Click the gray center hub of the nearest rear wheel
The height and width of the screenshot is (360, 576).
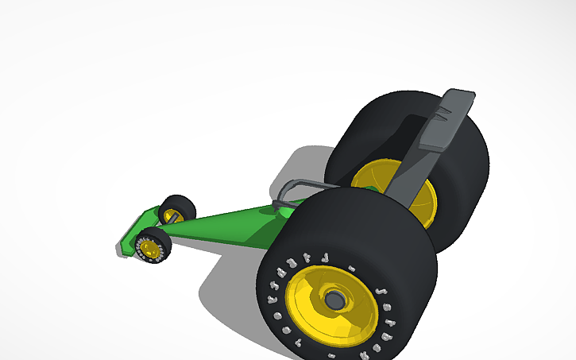(334, 300)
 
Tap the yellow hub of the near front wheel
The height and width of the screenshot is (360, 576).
(150, 249)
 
